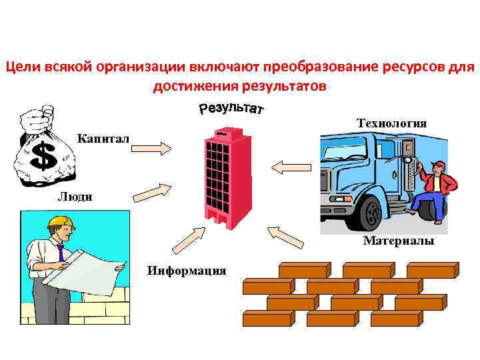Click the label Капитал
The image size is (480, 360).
pos(104,139)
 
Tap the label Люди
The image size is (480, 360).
pos(75,196)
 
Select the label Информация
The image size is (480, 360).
pos(186,270)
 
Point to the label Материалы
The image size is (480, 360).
pos(398,241)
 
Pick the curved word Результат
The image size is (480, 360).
pos(231,109)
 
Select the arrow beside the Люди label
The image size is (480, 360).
pos(151,191)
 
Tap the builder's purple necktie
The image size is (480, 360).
pos(60,253)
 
